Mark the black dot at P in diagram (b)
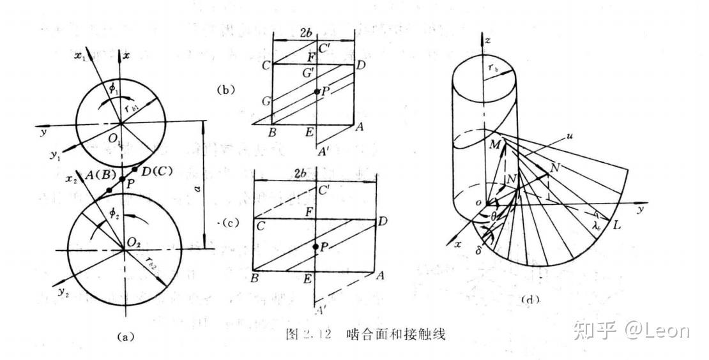[316, 93]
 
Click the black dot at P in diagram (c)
[315, 246]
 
